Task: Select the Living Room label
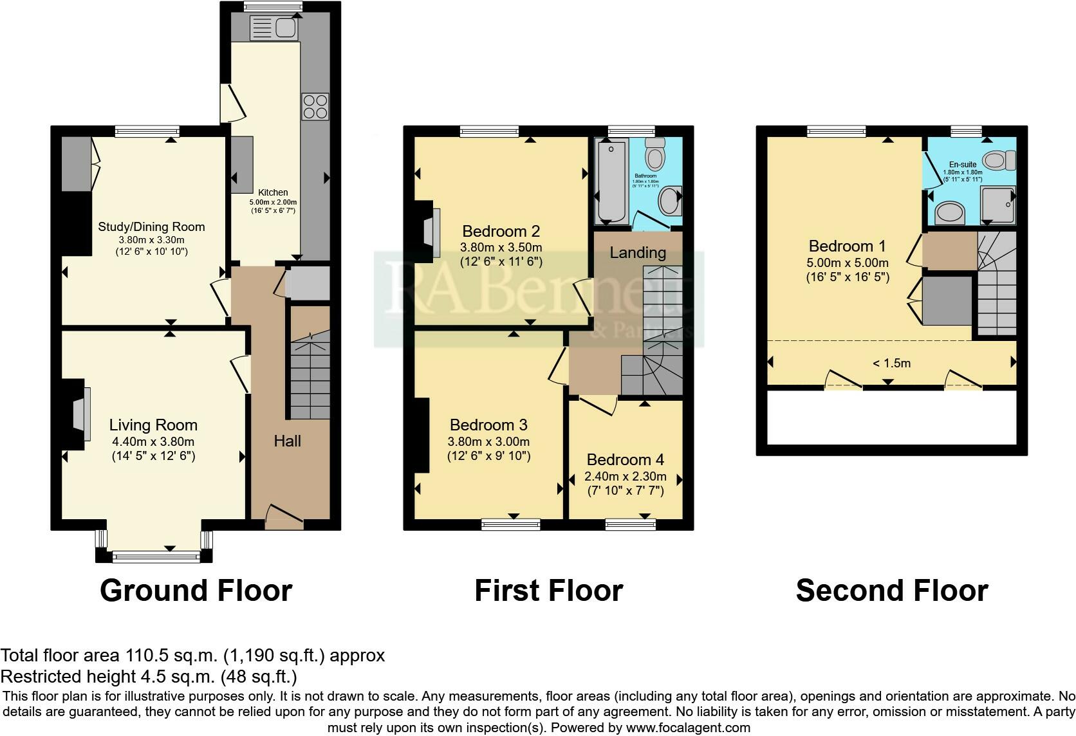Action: pos(153,425)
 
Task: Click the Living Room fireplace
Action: pos(77,414)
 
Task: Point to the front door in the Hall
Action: pos(284,515)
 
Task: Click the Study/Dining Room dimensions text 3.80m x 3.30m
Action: pos(151,239)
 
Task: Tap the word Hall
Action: pos(287,441)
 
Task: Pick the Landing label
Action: pos(637,253)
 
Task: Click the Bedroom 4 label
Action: pos(625,460)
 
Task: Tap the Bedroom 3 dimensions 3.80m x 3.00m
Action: pos(488,442)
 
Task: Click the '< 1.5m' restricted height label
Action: pos(891,363)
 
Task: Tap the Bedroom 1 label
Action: pos(847,246)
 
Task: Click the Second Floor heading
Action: pos(891,591)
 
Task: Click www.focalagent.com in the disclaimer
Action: pos(688,728)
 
